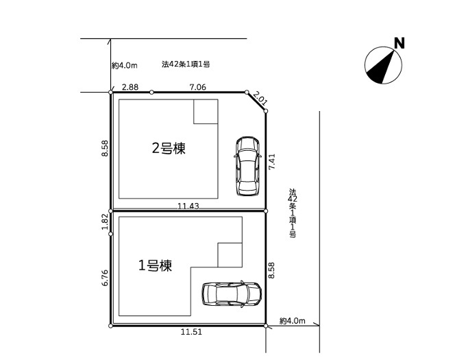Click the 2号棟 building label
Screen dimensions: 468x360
pos(169,148)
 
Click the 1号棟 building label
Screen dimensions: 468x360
pos(156,265)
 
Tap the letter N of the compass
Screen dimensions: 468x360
pos(399,43)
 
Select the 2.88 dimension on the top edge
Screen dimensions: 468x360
pos(130,87)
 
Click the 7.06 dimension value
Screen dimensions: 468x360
pos(197,87)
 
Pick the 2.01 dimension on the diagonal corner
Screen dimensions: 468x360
pos(259,99)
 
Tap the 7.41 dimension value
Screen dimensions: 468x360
pos(271,162)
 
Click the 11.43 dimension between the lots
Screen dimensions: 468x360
pos(188,206)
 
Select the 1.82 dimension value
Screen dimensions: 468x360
pos(105,221)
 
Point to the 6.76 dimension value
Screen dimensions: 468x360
pos(105,278)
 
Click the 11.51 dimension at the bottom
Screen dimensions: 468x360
pos(191,332)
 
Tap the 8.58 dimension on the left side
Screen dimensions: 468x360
pos(105,149)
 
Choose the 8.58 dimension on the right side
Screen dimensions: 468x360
pos(271,270)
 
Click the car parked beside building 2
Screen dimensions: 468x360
pos(247,166)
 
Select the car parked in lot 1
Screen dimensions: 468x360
pos(232,294)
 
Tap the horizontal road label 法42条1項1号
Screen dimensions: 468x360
pos(185,64)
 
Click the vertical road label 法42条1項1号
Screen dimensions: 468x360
pos(293,213)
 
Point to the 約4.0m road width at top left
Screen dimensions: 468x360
pos(125,65)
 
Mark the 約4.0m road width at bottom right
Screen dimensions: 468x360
pos(292,321)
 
